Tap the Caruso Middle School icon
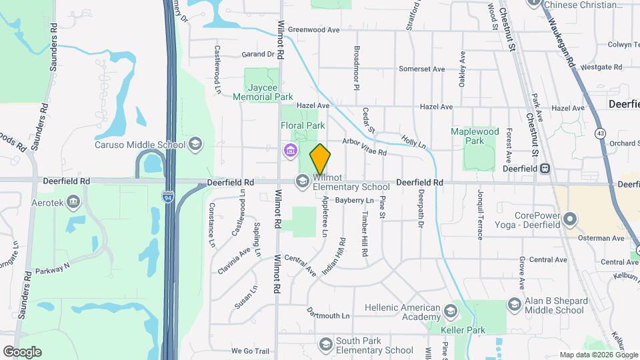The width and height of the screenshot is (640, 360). [x=195, y=144]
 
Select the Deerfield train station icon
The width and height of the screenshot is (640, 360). [x=545, y=169]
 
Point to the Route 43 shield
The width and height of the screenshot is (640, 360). [x=601, y=133]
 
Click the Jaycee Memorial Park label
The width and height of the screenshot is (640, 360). [x=263, y=92]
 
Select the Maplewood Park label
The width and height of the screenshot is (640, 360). [x=475, y=136]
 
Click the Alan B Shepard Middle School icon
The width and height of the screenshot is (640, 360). [x=514, y=305]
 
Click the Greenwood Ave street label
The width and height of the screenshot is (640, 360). [x=314, y=30]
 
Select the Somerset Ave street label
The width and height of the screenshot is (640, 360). [x=421, y=69]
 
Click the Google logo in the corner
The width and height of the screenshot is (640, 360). [x=22, y=352]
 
